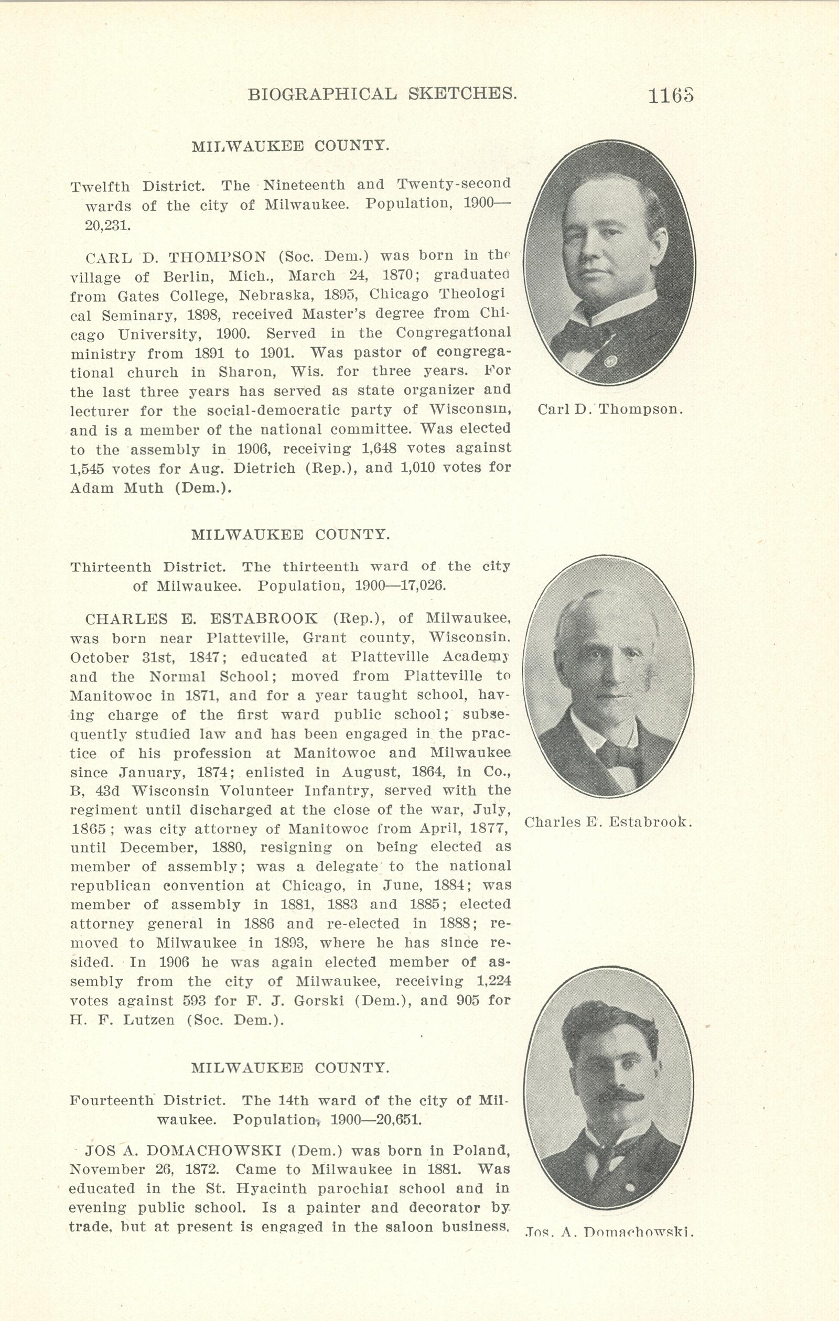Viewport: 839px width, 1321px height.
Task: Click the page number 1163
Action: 671,96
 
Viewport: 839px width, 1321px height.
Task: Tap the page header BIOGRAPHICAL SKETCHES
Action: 382,94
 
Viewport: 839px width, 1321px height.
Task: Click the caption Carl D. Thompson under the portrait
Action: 610,409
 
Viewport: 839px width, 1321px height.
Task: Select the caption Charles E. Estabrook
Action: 608,822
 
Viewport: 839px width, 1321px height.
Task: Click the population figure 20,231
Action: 107,225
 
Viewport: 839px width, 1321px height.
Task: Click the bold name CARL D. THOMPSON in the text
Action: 176,257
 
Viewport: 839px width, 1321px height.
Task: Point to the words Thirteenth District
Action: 147,567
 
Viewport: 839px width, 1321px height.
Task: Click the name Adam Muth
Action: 116,488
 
